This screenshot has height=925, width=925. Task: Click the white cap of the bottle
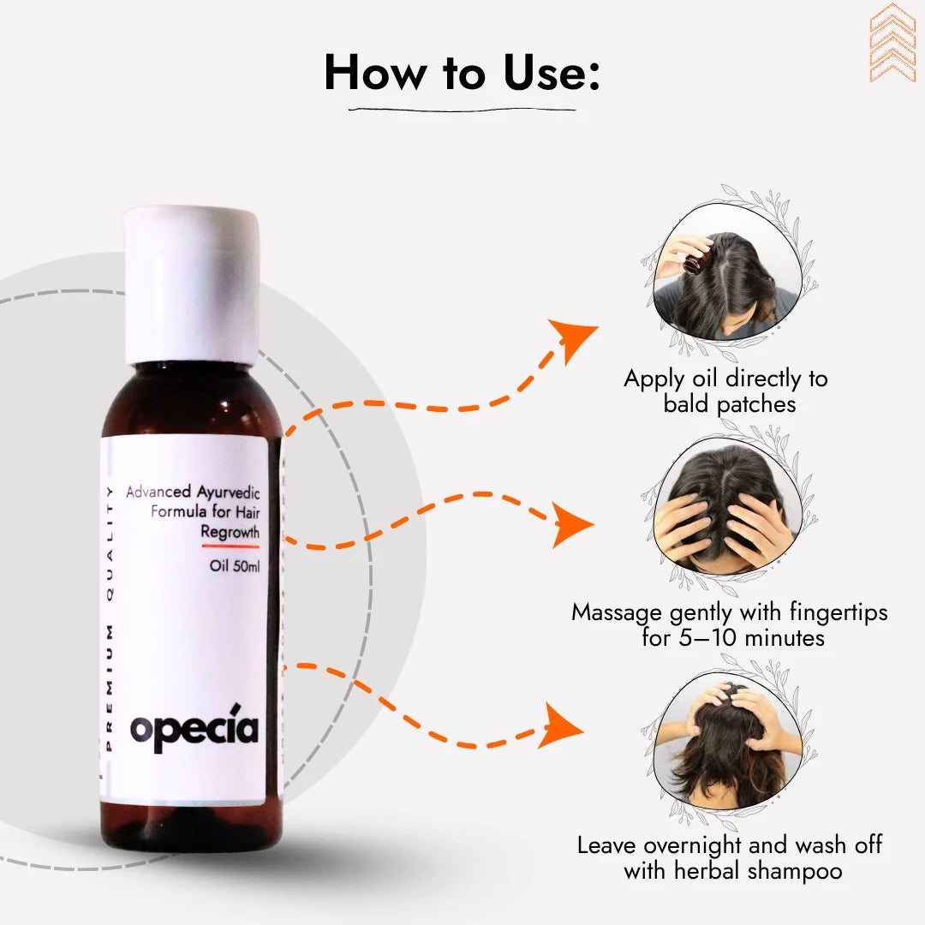[x=192, y=284]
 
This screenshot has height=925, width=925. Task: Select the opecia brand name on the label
[x=194, y=729]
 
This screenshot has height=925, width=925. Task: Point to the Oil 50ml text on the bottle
[x=234, y=566]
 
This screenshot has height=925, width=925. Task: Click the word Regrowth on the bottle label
[x=230, y=532]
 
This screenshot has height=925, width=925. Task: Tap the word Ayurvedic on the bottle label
[x=229, y=492]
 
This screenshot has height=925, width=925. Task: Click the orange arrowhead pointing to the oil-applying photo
[x=571, y=339]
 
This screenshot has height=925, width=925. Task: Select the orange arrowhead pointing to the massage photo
[x=570, y=524]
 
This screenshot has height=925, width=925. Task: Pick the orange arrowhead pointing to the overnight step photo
[x=560, y=725]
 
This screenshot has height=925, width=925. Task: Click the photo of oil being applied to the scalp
[x=727, y=272]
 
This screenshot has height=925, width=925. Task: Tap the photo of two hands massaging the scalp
[x=727, y=505]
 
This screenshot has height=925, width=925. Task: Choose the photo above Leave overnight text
[x=727, y=740]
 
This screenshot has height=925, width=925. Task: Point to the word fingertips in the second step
[x=838, y=612]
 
